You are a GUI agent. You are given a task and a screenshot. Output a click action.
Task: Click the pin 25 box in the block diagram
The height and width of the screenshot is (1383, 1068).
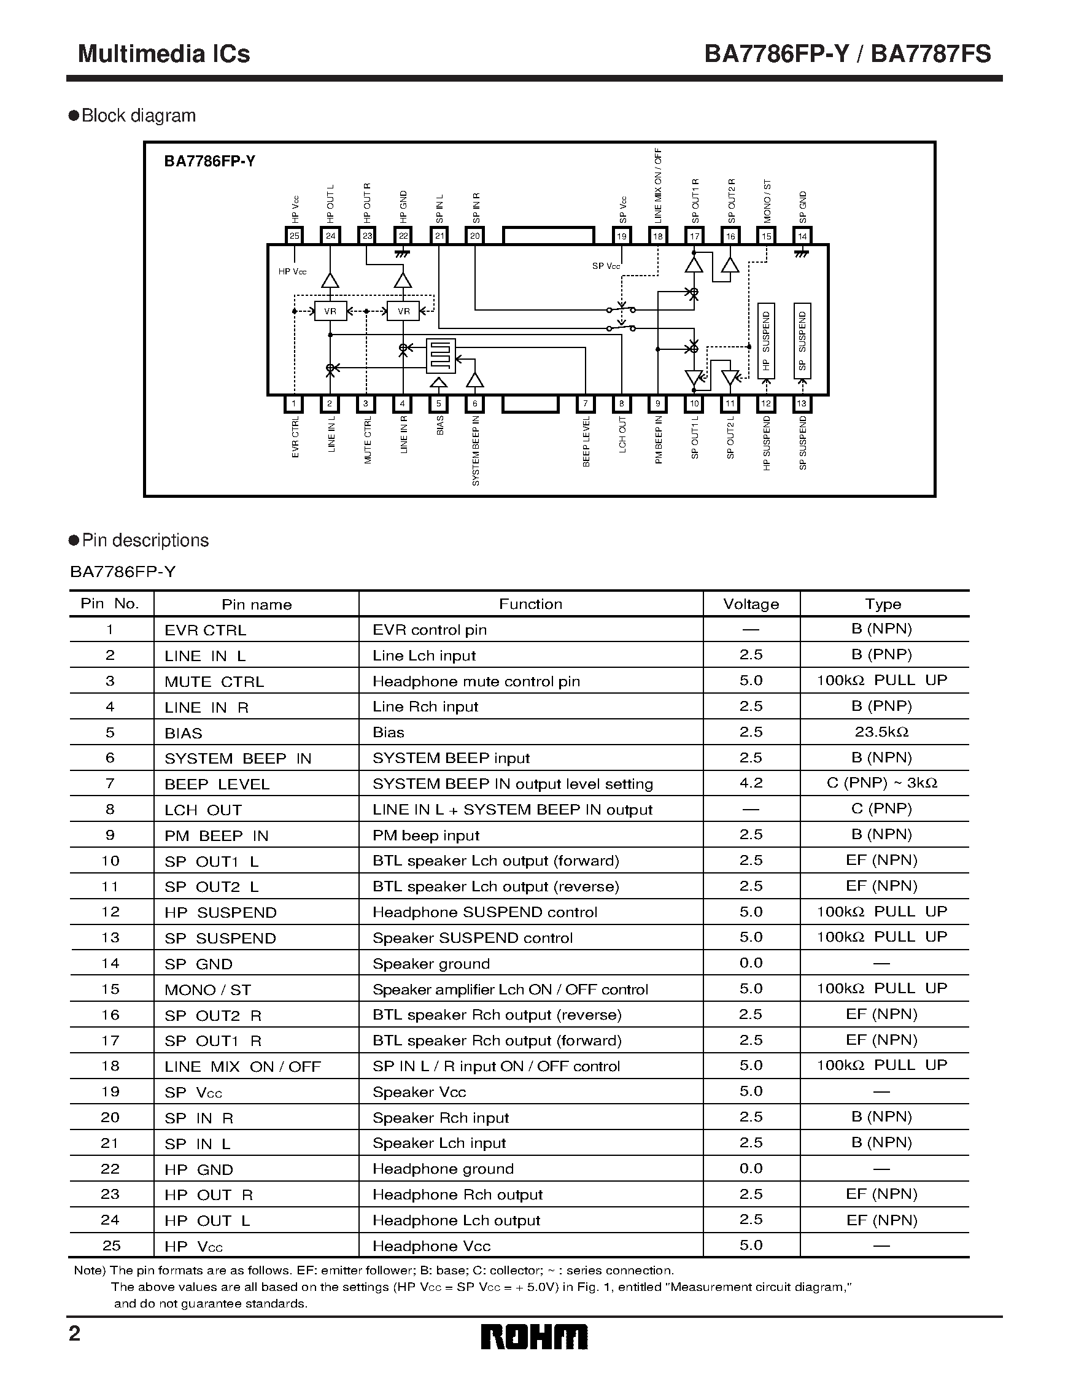tap(295, 236)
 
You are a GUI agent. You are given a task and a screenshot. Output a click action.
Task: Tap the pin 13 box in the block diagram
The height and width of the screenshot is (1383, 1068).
tap(802, 403)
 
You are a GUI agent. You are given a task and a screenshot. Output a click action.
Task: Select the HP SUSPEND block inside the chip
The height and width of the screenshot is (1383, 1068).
tap(766, 341)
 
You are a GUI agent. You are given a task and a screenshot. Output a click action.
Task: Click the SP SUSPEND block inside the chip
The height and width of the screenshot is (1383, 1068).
tap(802, 341)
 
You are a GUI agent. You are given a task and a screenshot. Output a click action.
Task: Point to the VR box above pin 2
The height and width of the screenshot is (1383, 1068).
tap(330, 312)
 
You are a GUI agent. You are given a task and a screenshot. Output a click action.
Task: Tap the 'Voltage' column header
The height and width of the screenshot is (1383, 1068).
tap(751, 604)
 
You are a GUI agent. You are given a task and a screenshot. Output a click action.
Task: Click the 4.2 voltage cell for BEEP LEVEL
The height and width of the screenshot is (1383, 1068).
tap(751, 783)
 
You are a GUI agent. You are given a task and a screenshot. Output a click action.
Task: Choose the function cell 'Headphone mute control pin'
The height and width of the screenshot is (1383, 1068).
tap(476, 681)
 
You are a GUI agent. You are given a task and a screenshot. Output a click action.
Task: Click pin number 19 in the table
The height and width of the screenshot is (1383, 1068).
tap(110, 1091)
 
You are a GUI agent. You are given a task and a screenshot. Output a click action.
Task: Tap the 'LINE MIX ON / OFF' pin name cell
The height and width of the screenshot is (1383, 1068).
tap(242, 1067)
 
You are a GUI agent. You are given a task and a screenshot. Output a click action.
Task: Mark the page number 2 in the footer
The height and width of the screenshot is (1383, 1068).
tap(75, 1335)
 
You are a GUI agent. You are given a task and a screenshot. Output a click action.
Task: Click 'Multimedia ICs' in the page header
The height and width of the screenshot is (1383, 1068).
tap(164, 54)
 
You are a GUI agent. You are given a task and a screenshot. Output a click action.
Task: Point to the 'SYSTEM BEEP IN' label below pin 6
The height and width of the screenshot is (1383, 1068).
tap(476, 450)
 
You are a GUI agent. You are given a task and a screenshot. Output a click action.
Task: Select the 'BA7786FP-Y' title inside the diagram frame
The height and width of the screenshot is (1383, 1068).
tap(209, 161)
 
